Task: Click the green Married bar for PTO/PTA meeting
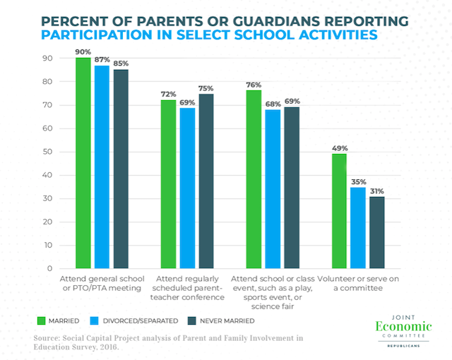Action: click(83, 163)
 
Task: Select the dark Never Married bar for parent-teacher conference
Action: click(206, 181)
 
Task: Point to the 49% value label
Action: click(340, 148)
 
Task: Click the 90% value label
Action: click(84, 52)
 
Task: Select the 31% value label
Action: click(377, 191)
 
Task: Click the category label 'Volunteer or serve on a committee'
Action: click(357, 284)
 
